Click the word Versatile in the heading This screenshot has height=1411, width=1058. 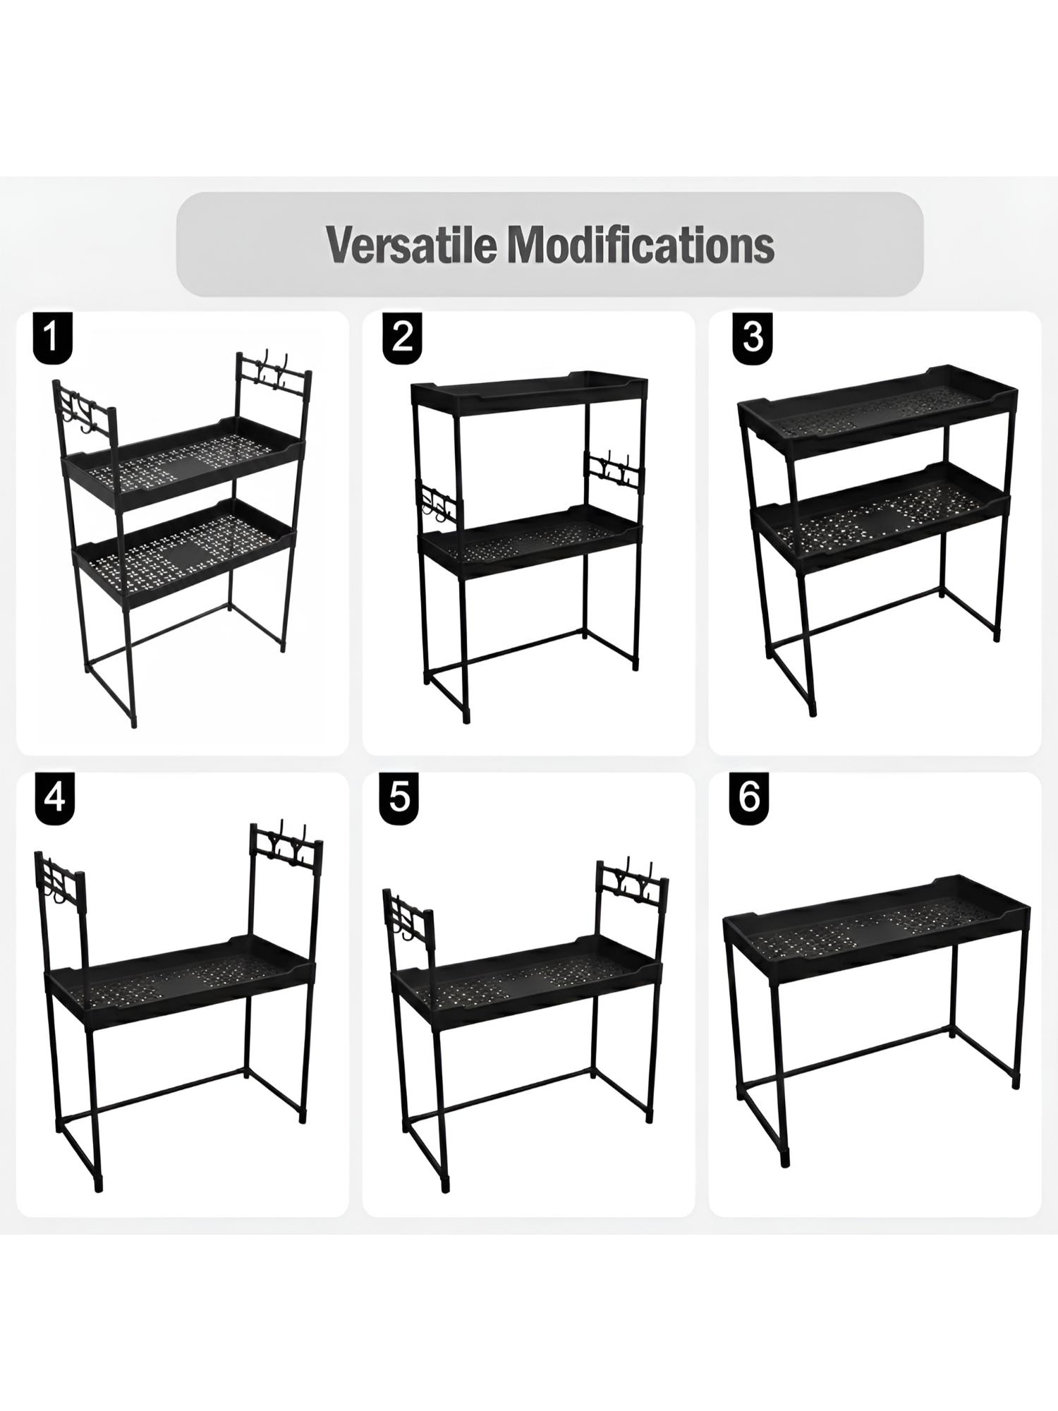(412, 245)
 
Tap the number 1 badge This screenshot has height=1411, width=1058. (51, 337)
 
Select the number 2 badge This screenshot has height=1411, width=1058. (402, 337)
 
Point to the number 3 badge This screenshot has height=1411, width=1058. (752, 337)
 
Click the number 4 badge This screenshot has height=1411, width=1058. (54, 799)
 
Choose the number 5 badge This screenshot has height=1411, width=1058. (399, 799)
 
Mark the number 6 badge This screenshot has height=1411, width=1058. (749, 799)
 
